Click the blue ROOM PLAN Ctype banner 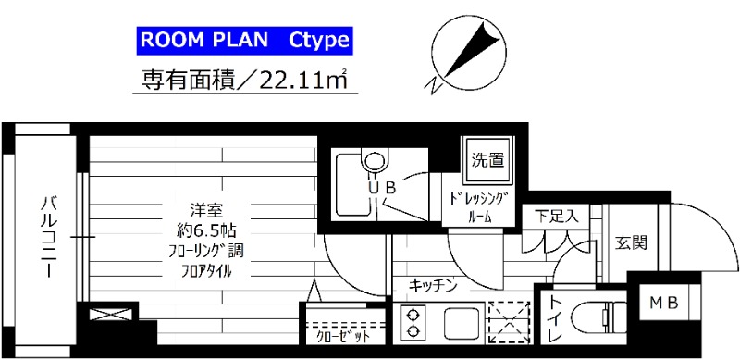click(244, 41)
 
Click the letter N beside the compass click(433, 86)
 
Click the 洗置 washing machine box click(487, 158)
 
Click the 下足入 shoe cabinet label click(557, 217)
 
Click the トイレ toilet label click(553, 319)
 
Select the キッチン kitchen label click(432, 286)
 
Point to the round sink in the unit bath click(374, 158)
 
